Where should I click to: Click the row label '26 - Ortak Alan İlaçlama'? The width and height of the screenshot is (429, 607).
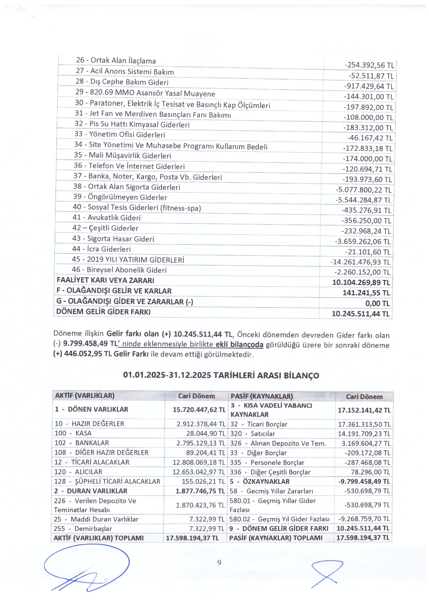click(x=116, y=61)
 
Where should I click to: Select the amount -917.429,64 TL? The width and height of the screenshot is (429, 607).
click(x=369, y=86)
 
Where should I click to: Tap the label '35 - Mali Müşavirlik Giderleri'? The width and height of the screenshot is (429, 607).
click(x=122, y=155)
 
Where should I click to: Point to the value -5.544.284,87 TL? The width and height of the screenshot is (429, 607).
click(x=363, y=200)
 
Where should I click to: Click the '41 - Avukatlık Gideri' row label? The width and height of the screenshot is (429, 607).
click(x=107, y=218)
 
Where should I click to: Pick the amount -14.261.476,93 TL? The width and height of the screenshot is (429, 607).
click(x=360, y=262)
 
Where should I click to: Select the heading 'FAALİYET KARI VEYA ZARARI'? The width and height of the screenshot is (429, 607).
click(x=106, y=280)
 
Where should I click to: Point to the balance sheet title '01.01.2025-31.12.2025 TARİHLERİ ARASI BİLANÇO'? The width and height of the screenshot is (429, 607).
click(x=221, y=375)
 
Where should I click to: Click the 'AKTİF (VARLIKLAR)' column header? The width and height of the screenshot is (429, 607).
click(x=85, y=396)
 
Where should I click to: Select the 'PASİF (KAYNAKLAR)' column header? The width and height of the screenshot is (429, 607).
click(x=262, y=396)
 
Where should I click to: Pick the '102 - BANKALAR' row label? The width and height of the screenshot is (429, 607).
click(x=82, y=443)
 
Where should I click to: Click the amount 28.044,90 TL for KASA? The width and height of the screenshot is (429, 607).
click(x=206, y=433)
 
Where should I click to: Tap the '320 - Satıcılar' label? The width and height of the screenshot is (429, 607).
click(x=252, y=433)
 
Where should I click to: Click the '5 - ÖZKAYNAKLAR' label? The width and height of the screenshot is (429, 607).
click(x=259, y=481)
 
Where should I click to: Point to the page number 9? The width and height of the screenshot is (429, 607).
click(x=219, y=563)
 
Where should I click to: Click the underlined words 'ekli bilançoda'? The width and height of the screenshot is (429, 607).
click(x=239, y=344)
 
